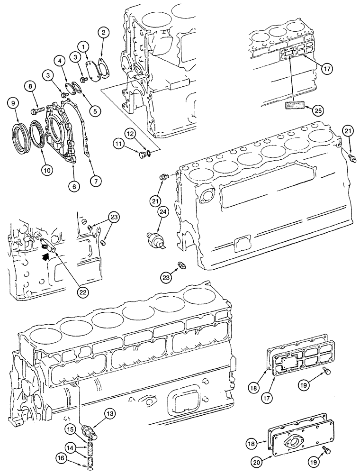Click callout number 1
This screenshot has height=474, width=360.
[x=83, y=46]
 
